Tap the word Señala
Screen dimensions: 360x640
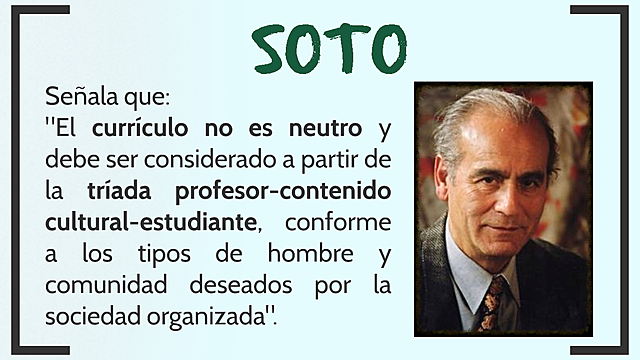pyautogui.click(x=83, y=99)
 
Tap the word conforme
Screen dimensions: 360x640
pyautogui.click(x=339, y=219)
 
